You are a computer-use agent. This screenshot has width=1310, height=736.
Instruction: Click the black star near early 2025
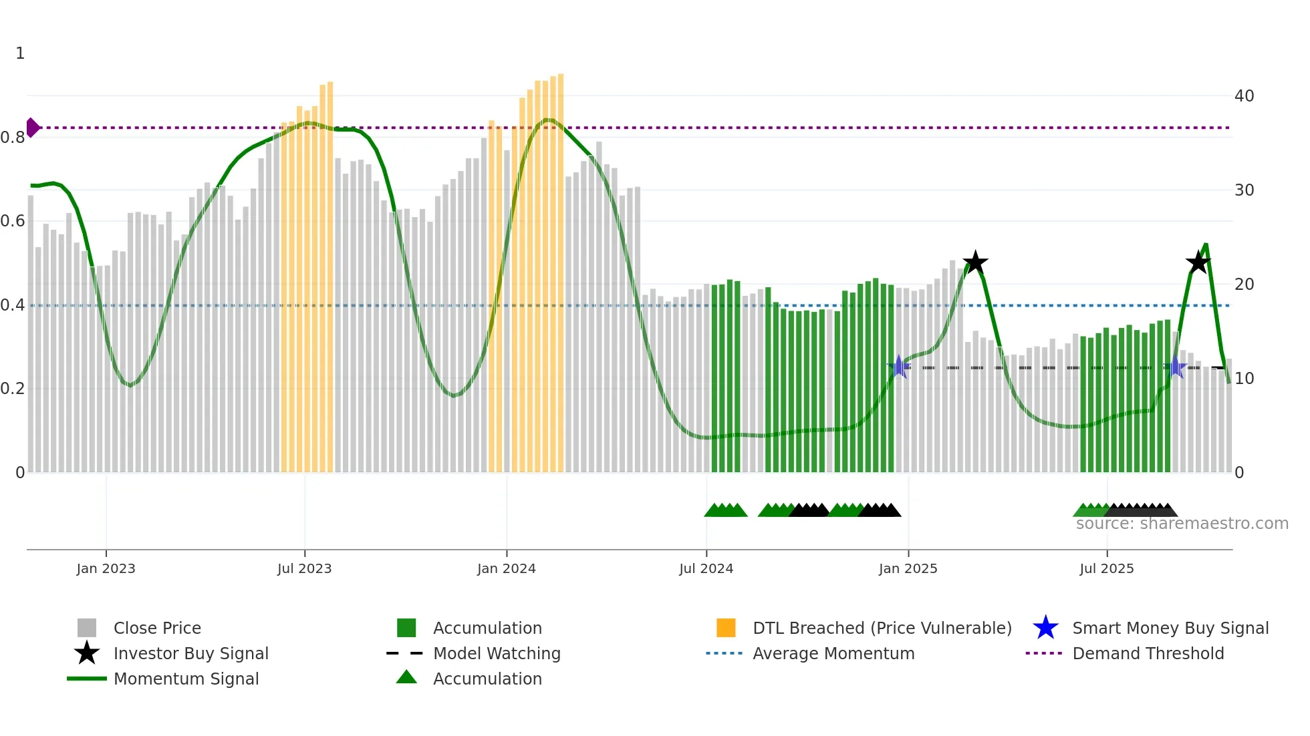975,262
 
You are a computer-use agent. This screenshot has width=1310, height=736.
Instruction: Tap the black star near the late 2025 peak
1198,262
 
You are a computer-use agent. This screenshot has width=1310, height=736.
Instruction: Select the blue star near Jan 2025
899,367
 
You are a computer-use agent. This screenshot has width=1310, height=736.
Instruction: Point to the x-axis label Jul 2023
304,568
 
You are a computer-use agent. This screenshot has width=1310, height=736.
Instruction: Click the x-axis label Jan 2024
506,568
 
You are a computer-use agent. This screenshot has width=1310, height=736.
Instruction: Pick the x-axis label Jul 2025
1106,568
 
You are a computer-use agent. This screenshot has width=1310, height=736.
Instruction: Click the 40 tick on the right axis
1244,96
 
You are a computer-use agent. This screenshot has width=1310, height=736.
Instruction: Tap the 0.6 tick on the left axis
13,221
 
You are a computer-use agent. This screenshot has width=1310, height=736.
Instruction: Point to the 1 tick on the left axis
20,53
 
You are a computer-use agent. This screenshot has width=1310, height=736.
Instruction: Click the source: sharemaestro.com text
1182,524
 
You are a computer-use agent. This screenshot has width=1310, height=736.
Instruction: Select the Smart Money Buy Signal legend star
1045,628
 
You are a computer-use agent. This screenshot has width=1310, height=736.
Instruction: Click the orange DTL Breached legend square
726,628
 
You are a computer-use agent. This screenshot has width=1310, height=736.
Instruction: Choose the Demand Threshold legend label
1148,653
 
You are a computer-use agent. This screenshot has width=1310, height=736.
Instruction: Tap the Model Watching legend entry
496,653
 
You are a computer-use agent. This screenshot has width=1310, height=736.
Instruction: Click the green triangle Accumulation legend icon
406,677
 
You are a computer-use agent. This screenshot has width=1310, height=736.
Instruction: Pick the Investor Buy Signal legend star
87,653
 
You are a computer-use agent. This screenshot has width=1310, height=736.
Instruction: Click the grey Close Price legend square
87,628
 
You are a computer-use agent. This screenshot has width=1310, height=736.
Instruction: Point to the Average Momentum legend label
833,653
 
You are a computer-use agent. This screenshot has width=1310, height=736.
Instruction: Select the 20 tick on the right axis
1244,285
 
